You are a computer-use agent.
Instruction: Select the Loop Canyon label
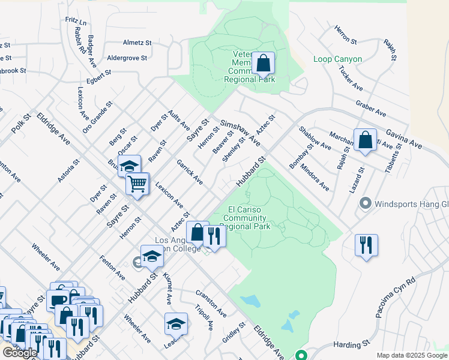pos(337,59)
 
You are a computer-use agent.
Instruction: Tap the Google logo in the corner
pos(20,353)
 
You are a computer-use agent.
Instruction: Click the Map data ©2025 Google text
pos(411,355)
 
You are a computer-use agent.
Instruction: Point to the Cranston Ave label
pos(211,304)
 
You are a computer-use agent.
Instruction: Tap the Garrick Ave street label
pos(189,172)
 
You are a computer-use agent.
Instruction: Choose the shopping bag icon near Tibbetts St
pos(365,140)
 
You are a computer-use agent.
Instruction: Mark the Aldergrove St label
pos(127,58)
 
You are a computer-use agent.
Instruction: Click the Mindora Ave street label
pos(315,177)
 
